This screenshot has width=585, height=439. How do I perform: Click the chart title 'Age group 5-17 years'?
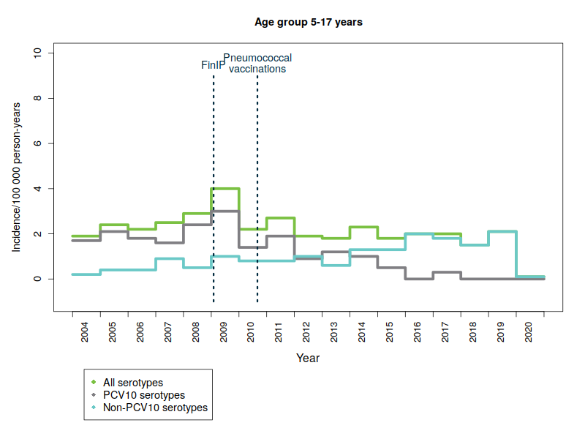(308, 22)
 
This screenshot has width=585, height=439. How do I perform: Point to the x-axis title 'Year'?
(308, 359)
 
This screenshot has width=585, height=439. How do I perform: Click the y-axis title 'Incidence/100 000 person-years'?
(16, 178)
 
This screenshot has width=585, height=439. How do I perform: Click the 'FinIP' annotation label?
(213, 65)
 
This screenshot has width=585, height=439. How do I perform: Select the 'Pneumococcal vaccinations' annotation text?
(257, 63)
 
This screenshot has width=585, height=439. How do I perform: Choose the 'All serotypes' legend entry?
(132, 382)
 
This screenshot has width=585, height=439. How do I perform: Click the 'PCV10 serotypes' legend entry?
(139, 395)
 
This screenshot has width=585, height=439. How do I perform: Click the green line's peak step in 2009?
(225, 189)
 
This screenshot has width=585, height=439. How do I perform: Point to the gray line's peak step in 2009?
(225, 211)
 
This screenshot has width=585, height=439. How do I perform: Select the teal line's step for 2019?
(502, 231)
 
